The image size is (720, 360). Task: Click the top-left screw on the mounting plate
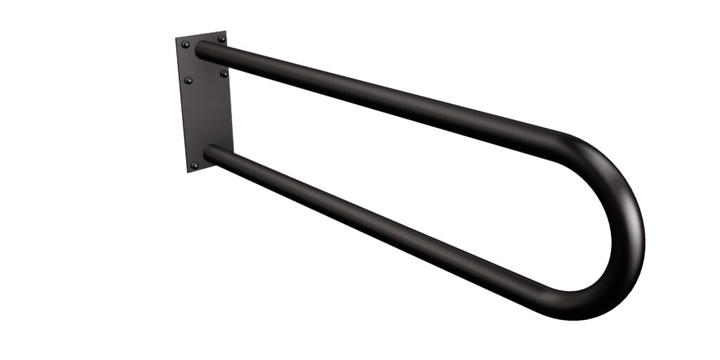tap(186, 44)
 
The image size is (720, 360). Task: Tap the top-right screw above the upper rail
tap(221, 39)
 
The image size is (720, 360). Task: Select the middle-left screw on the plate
tap(188, 80)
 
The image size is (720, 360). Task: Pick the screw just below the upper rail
tap(224, 73)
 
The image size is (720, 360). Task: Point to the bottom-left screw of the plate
tap(195, 165)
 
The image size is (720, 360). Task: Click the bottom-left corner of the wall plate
tap(188, 172)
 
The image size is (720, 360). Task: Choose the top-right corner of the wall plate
tap(225, 31)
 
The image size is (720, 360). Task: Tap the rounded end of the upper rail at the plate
tap(200, 51)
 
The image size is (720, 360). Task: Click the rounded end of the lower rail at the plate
tap(208, 152)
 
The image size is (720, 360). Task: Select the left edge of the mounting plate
tap(182, 105)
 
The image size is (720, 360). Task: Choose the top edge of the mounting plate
tap(200, 34)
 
